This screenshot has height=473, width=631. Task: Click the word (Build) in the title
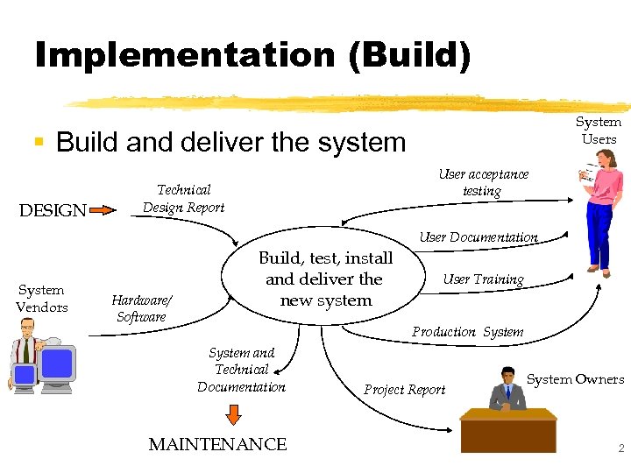click(x=409, y=54)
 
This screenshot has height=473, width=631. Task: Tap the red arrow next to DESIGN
click(x=103, y=210)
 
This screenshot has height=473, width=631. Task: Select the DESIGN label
click(x=53, y=211)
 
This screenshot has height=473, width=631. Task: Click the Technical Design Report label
click(x=183, y=199)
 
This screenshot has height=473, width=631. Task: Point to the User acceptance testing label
click(x=483, y=182)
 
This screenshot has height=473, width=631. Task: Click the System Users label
click(x=599, y=131)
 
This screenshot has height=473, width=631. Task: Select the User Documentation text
click(x=479, y=237)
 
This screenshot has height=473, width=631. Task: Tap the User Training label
click(x=484, y=279)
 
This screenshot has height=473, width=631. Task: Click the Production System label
click(x=468, y=332)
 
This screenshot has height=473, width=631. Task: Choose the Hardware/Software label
click(x=141, y=308)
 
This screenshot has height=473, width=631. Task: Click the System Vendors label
click(x=41, y=299)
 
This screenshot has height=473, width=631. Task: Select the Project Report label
click(x=405, y=390)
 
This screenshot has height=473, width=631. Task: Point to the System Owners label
click(x=576, y=379)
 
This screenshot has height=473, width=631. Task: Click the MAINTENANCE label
click(x=217, y=445)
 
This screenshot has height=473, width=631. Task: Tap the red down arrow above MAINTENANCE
click(x=233, y=413)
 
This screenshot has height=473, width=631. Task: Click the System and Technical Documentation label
click(x=241, y=370)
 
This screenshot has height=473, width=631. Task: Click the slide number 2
click(x=620, y=448)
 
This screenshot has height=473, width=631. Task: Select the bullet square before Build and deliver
click(x=39, y=141)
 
